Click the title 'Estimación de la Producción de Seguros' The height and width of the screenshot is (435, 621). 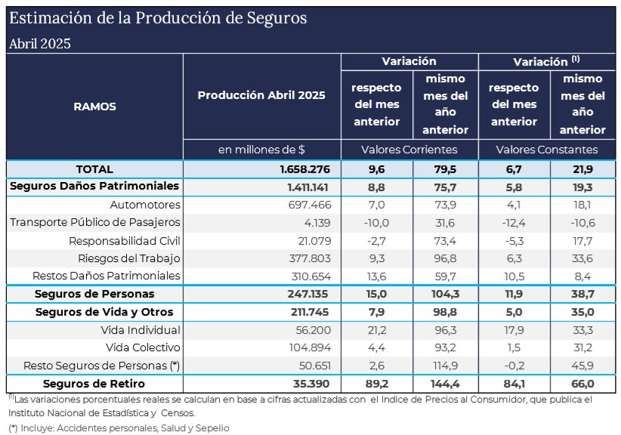(x=158, y=18)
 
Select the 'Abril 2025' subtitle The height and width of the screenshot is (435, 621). (x=40, y=43)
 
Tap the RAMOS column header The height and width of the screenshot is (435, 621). (x=94, y=106)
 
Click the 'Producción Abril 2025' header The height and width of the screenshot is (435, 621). (x=261, y=95)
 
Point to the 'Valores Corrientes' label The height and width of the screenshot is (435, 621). (x=409, y=150)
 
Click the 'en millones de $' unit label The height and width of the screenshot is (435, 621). (x=261, y=150)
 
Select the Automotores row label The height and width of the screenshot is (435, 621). (x=145, y=205)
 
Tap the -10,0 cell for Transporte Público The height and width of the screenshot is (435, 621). (x=375, y=222)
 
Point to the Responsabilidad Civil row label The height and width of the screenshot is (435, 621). (x=125, y=240)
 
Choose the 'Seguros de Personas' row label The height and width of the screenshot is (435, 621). (x=94, y=294)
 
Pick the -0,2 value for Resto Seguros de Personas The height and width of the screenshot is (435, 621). (x=514, y=366)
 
